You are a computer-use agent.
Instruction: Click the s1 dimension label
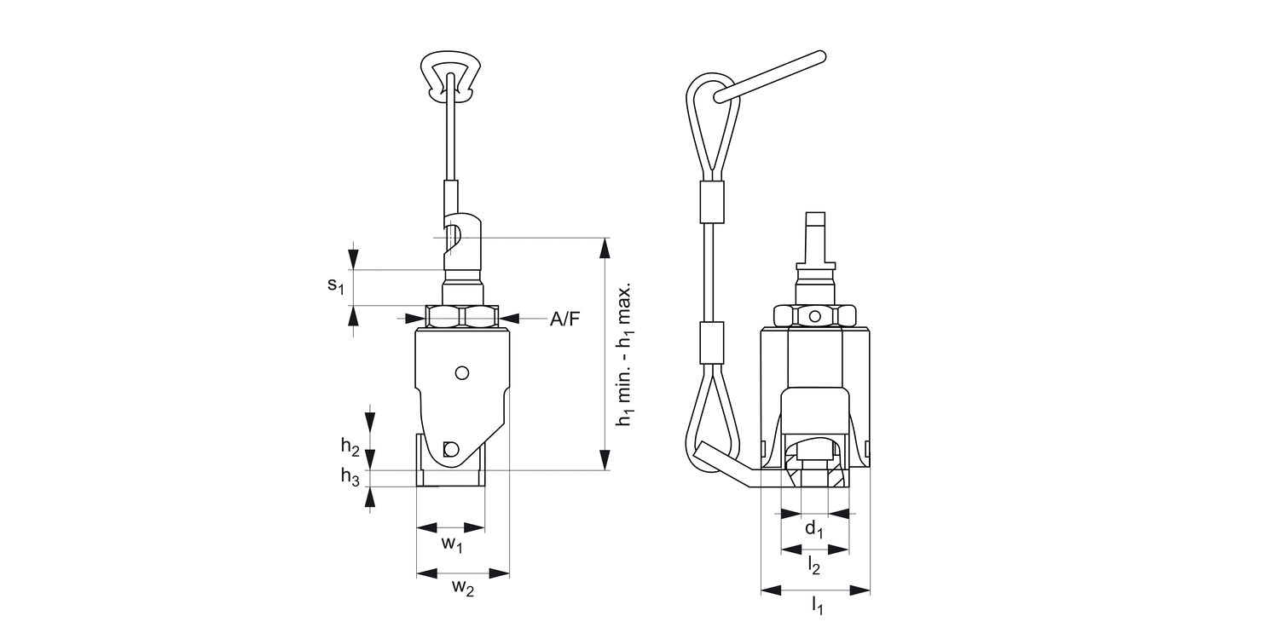pos(335,285)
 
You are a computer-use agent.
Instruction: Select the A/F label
pos(564,319)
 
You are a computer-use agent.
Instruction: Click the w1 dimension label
pos(451,544)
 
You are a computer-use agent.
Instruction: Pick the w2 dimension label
pos(462,587)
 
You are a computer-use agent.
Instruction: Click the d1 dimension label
pos(815,530)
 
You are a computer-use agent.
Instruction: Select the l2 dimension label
pos(814,563)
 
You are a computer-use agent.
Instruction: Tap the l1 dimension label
pos(816,604)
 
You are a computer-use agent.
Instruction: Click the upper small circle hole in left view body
pos(462,372)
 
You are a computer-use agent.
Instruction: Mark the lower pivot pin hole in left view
pos(451,449)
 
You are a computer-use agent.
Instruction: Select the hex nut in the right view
pos(814,316)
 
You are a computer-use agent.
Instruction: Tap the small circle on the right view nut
pos(815,317)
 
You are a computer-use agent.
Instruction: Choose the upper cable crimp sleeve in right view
pos(710,202)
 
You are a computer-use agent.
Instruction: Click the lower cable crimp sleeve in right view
pos(710,343)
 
